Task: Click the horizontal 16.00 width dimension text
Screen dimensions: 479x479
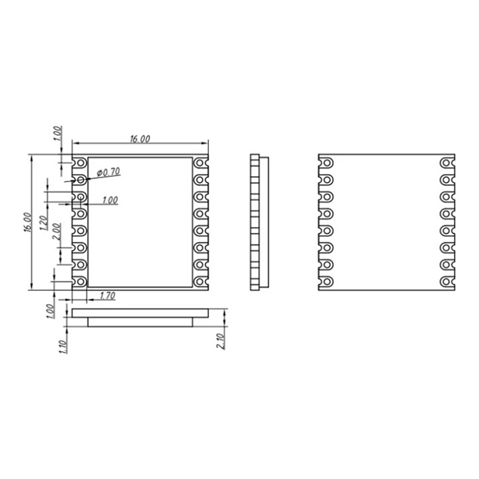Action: pos(140,139)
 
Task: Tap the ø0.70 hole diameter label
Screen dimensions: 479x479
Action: pos(108,172)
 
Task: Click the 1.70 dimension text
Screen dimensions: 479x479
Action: pos(107,295)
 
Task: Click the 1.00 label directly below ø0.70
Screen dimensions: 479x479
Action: pos(110,201)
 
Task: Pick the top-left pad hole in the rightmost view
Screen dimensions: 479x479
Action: pos(328,163)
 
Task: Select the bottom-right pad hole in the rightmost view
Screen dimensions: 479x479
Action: pos(445,282)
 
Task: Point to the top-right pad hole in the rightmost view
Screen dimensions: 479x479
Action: pos(445,163)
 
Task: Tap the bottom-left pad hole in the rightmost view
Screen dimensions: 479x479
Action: pos(328,282)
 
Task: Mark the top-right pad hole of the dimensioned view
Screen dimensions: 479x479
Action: pos(199,163)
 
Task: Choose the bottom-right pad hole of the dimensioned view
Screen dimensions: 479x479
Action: pos(199,281)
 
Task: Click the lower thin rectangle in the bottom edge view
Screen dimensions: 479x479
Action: pos(141,322)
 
